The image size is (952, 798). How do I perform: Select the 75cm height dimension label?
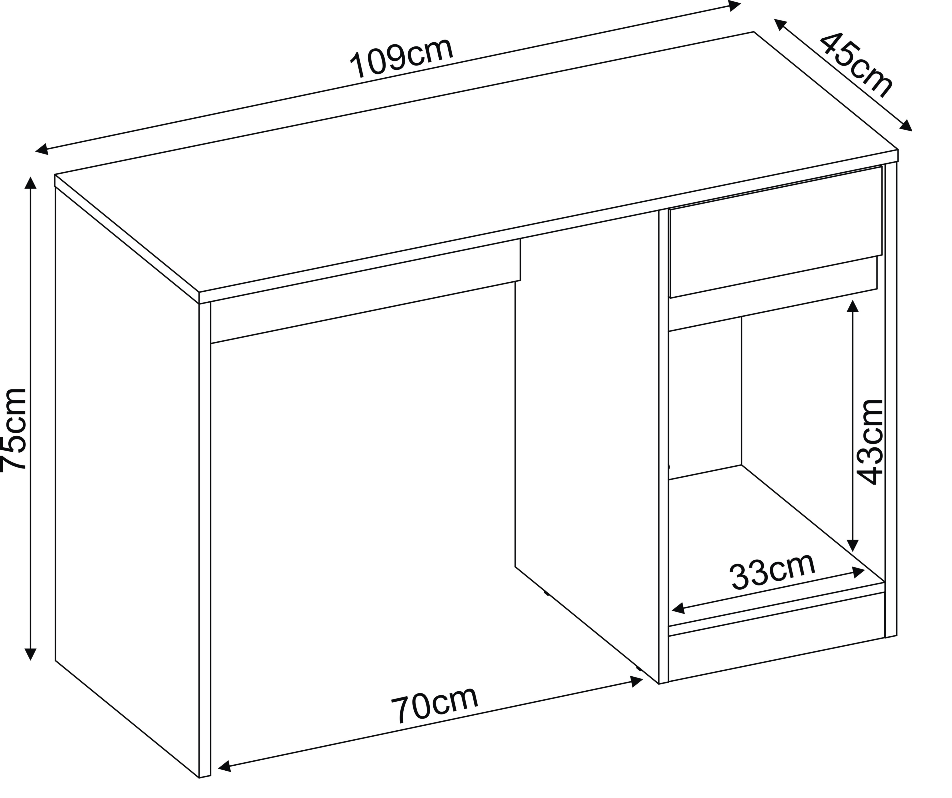click(14, 430)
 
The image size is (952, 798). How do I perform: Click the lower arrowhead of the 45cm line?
click(905, 126)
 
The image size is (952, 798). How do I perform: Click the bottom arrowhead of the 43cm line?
click(853, 545)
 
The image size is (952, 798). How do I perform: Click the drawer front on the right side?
click(775, 231)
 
